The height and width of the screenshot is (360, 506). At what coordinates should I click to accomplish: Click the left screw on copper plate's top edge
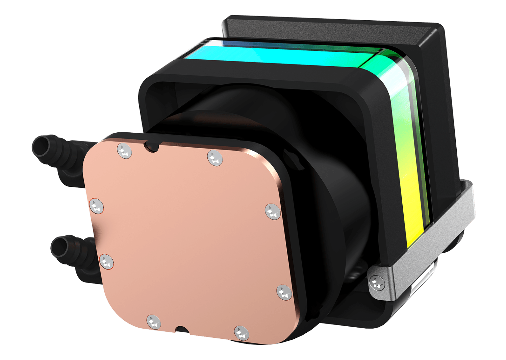[125, 151]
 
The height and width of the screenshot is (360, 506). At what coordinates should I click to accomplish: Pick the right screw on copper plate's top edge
[215, 157]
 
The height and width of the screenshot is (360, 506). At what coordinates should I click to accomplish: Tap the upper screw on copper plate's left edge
[96, 206]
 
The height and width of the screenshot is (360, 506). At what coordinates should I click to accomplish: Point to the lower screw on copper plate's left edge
[106, 261]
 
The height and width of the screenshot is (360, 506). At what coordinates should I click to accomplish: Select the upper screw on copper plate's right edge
[273, 211]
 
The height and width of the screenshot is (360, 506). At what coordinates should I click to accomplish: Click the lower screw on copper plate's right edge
[284, 292]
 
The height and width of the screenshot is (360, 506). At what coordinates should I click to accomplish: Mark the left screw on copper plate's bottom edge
[154, 321]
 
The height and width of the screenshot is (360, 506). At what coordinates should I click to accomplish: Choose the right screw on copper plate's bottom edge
[242, 333]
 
